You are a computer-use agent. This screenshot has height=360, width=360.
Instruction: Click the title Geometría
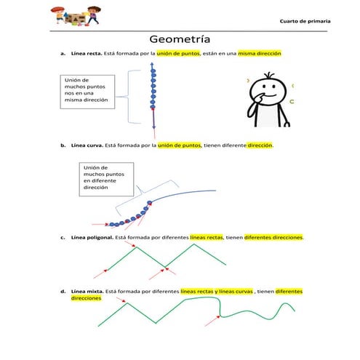pos(180,39)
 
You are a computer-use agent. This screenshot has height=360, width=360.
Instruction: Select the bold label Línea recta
pos(87,54)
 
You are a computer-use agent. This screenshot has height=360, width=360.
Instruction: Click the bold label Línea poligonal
pos(91,237)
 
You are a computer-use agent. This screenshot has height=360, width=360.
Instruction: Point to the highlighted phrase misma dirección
pos(260,54)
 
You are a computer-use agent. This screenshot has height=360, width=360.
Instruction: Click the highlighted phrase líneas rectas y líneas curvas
pos(217,291)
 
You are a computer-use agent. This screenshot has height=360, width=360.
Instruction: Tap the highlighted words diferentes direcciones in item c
pos(273,237)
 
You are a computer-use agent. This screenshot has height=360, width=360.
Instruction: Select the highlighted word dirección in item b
pos(260,145)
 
